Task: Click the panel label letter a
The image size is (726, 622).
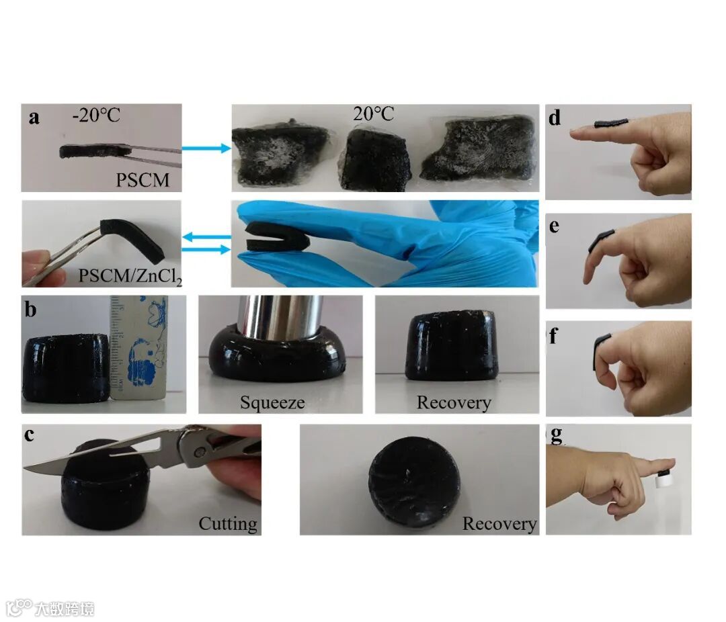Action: [x=34, y=117]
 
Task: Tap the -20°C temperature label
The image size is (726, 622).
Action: [x=96, y=115]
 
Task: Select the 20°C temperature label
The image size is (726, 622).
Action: [x=373, y=114]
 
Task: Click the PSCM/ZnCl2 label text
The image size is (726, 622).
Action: [x=130, y=276]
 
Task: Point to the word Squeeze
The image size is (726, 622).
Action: [x=272, y=402]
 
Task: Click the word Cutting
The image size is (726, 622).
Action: [x=228, y=523]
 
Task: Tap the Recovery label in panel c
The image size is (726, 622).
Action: [x=499, y=524]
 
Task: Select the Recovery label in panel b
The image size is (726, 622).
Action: [x=454, y=402]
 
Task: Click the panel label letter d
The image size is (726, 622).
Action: [x=555, y=118]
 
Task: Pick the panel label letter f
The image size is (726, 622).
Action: [x=553, y=336]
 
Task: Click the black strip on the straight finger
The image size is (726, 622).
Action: [x=612, y=123]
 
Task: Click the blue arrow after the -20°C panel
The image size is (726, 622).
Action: [x=206, y=148]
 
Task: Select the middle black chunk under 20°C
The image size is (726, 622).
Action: [x=376, y=160]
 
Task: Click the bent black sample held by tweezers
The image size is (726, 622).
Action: [x=134, y=236]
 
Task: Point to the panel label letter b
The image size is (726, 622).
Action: [x=30, y=309]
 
